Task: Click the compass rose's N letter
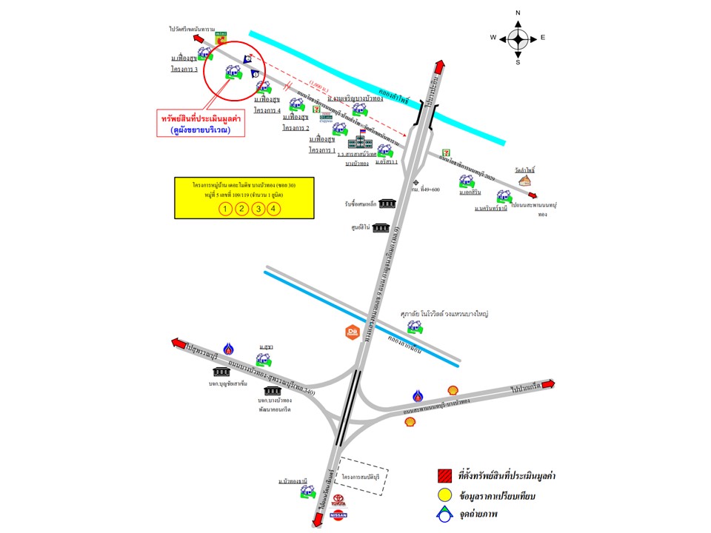tap(518, 13)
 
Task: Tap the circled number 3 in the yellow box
tap(258, 209)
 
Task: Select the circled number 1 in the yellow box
tap(225, 209)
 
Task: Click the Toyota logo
tap(336, 501)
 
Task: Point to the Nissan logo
tap(337, 516)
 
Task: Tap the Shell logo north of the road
tap(453, 390)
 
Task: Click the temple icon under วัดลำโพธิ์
tap(526, 180)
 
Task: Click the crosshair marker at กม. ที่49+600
tap(417, 181)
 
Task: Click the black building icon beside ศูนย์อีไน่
tap(381, 227)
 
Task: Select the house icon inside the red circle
tap(233, 73)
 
